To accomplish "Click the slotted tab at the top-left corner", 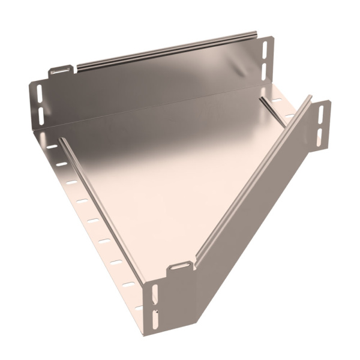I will point(62,70).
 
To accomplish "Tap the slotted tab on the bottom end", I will point(181,266).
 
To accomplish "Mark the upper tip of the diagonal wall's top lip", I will point(310,99).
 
